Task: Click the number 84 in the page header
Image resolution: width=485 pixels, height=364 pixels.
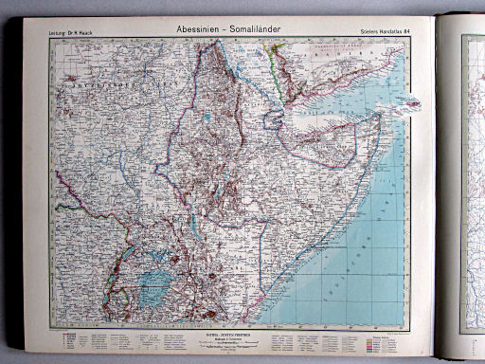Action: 406,33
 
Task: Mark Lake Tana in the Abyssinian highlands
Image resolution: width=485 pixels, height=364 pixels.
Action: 207,118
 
